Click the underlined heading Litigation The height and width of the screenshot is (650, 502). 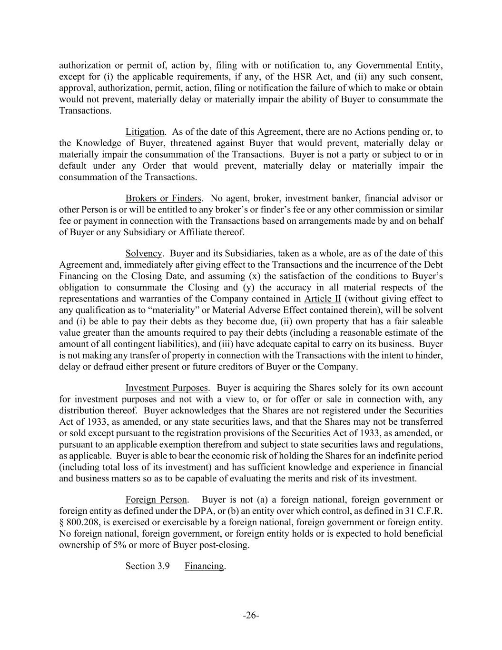(145, 131)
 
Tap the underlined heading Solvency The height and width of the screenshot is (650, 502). (143, 253)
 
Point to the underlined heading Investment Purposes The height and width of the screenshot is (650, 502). (167, 388)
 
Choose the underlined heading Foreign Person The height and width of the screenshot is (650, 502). (156, 500)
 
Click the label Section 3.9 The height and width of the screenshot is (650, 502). (148, 566)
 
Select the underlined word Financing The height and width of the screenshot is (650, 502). (204, 566)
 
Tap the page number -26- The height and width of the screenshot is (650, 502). (251, 616)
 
